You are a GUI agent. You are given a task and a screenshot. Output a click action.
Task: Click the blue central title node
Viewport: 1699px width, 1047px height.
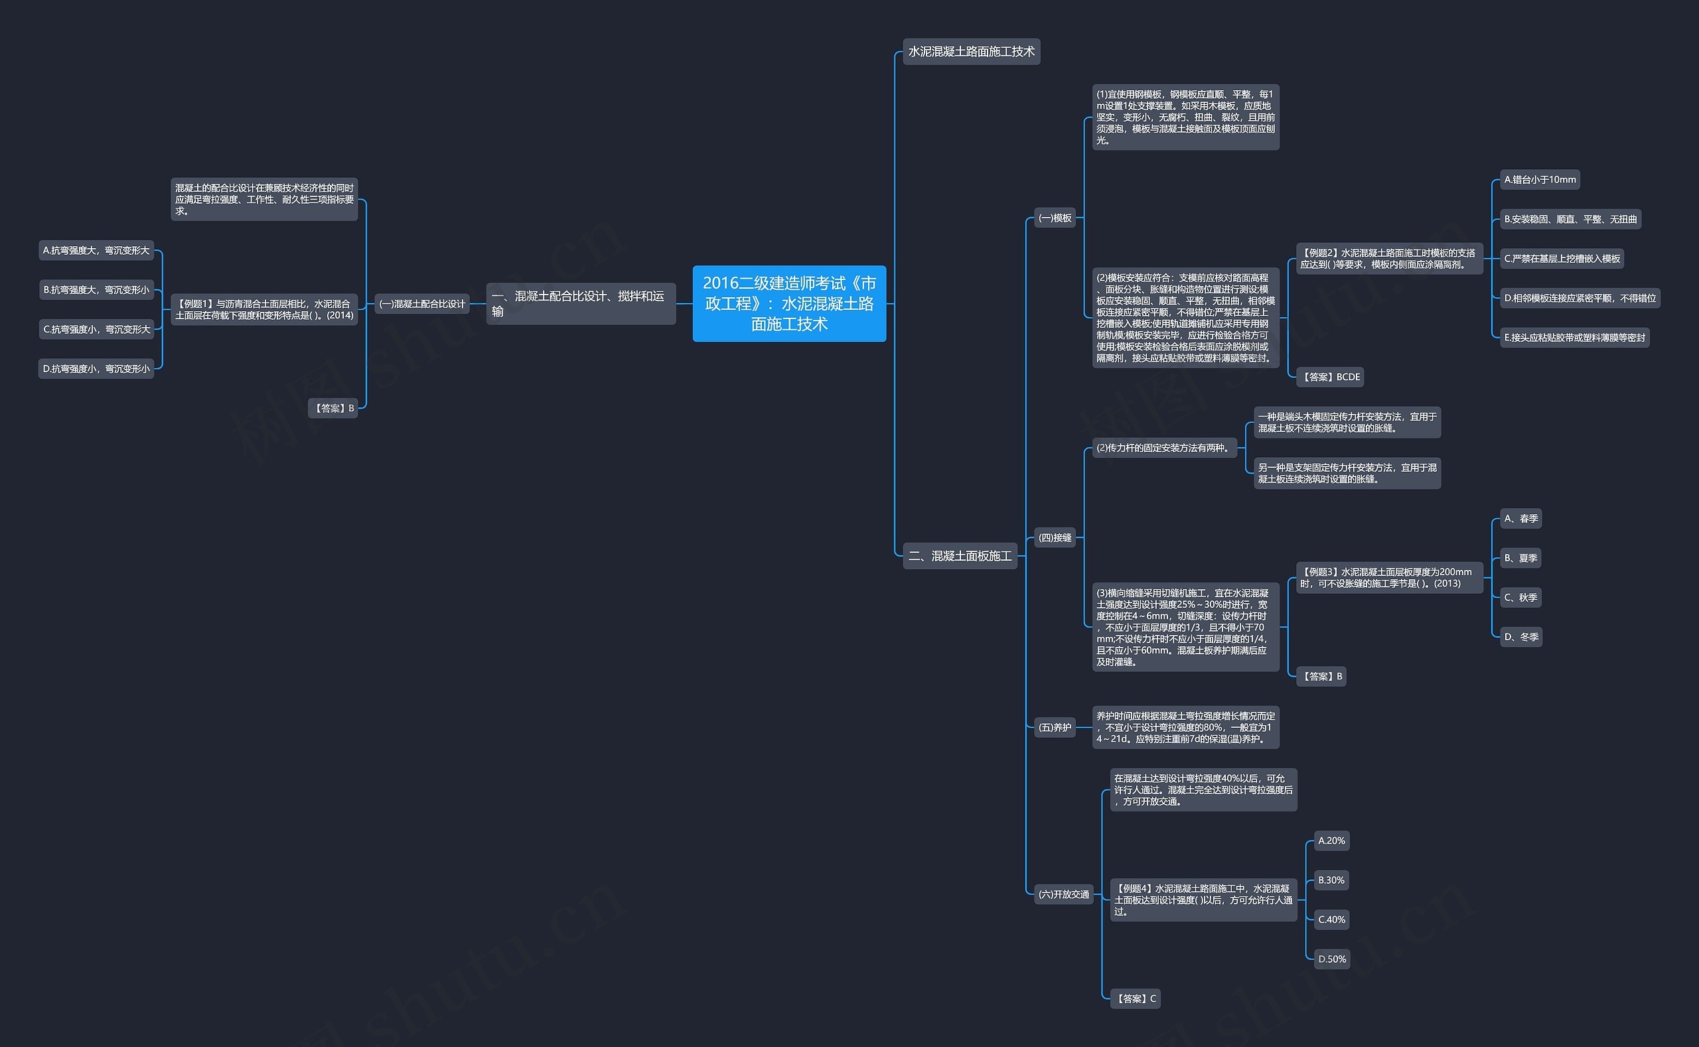pos(789,303)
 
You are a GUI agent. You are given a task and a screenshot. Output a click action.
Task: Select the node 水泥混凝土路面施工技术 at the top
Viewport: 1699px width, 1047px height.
pos(971,51)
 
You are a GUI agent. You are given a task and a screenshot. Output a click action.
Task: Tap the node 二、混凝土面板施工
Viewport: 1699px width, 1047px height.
pos(960,555)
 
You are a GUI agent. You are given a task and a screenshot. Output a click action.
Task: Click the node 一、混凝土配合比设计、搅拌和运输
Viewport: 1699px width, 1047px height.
pos(581,303)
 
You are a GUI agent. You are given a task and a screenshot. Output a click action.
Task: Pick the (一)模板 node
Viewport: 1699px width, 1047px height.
pos(1055,218)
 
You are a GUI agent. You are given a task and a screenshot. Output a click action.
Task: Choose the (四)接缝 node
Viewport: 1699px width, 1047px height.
pos(1055,537)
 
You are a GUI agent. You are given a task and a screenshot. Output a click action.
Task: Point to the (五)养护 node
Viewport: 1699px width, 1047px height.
pos(1055,727)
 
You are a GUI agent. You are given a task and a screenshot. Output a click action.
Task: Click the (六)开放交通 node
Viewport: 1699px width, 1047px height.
pos(1064,894)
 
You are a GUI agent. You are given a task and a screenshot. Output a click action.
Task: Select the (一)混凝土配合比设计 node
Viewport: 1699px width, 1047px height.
pos(422,303)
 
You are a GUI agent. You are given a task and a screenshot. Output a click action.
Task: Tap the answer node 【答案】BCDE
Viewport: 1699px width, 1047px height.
pos(1330,377)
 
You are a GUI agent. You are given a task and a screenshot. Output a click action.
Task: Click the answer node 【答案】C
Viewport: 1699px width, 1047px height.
pos(1135,999)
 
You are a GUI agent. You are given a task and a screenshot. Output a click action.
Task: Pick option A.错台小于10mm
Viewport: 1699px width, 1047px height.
pos(1540,179)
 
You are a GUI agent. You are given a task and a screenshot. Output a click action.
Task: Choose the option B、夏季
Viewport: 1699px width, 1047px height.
pos(1520,557)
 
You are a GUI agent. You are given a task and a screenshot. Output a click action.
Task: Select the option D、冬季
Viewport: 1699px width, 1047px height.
pos(1521,636)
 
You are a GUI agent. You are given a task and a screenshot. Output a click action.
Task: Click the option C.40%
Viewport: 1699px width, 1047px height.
pos(1331,920)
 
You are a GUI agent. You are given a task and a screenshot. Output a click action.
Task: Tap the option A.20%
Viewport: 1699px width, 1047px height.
pos(1331,841)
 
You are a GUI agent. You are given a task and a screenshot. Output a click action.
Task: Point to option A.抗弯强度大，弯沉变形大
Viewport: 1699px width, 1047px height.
pos(96,250)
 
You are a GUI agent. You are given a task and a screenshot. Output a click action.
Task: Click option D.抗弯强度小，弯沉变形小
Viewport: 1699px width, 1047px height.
pos(96,368)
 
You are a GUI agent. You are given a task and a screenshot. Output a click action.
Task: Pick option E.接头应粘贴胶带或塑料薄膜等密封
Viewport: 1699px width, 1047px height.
pos(1574,337)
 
